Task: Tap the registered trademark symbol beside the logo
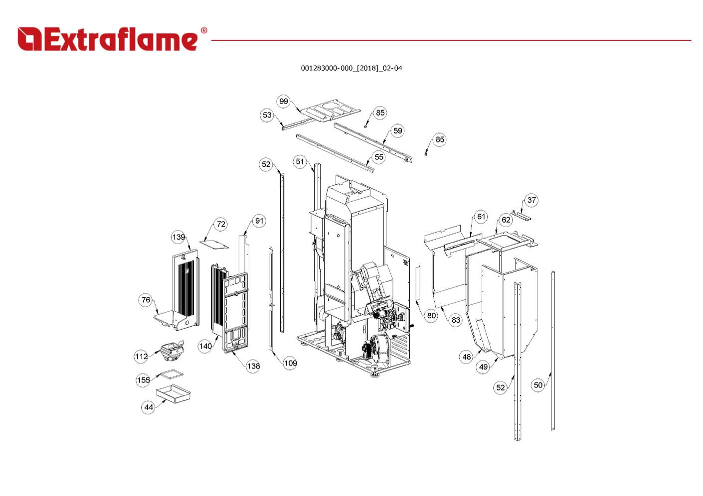tap(203, 31)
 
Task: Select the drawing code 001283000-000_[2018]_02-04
tap(351, 68)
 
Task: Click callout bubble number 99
tap(284, 101)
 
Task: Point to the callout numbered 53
tap(267, 115)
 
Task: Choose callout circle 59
tap(397, 130)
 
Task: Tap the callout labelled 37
tap(531, 200)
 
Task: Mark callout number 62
tap(506, 220)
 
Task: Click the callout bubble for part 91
tap(259, 221)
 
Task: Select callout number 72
tap(221, 224)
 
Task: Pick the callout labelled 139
tap(178, 237)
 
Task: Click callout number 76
tap(146, 300)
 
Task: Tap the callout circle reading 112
tap(141, 356)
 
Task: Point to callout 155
tap(143, 380)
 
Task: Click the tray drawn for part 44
tap(174, 394)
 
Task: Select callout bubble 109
tap(290, 363)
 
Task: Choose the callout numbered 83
tap(456, 320)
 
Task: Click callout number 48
tap(466, 357)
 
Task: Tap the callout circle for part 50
tap(538, 385)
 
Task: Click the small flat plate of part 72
tap(215, 244)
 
